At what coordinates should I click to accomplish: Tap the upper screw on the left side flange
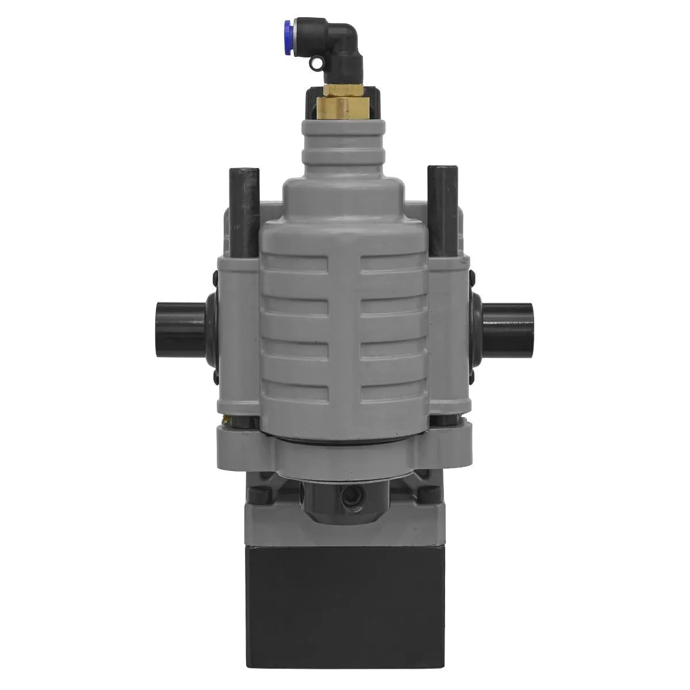[x=214, y=279]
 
